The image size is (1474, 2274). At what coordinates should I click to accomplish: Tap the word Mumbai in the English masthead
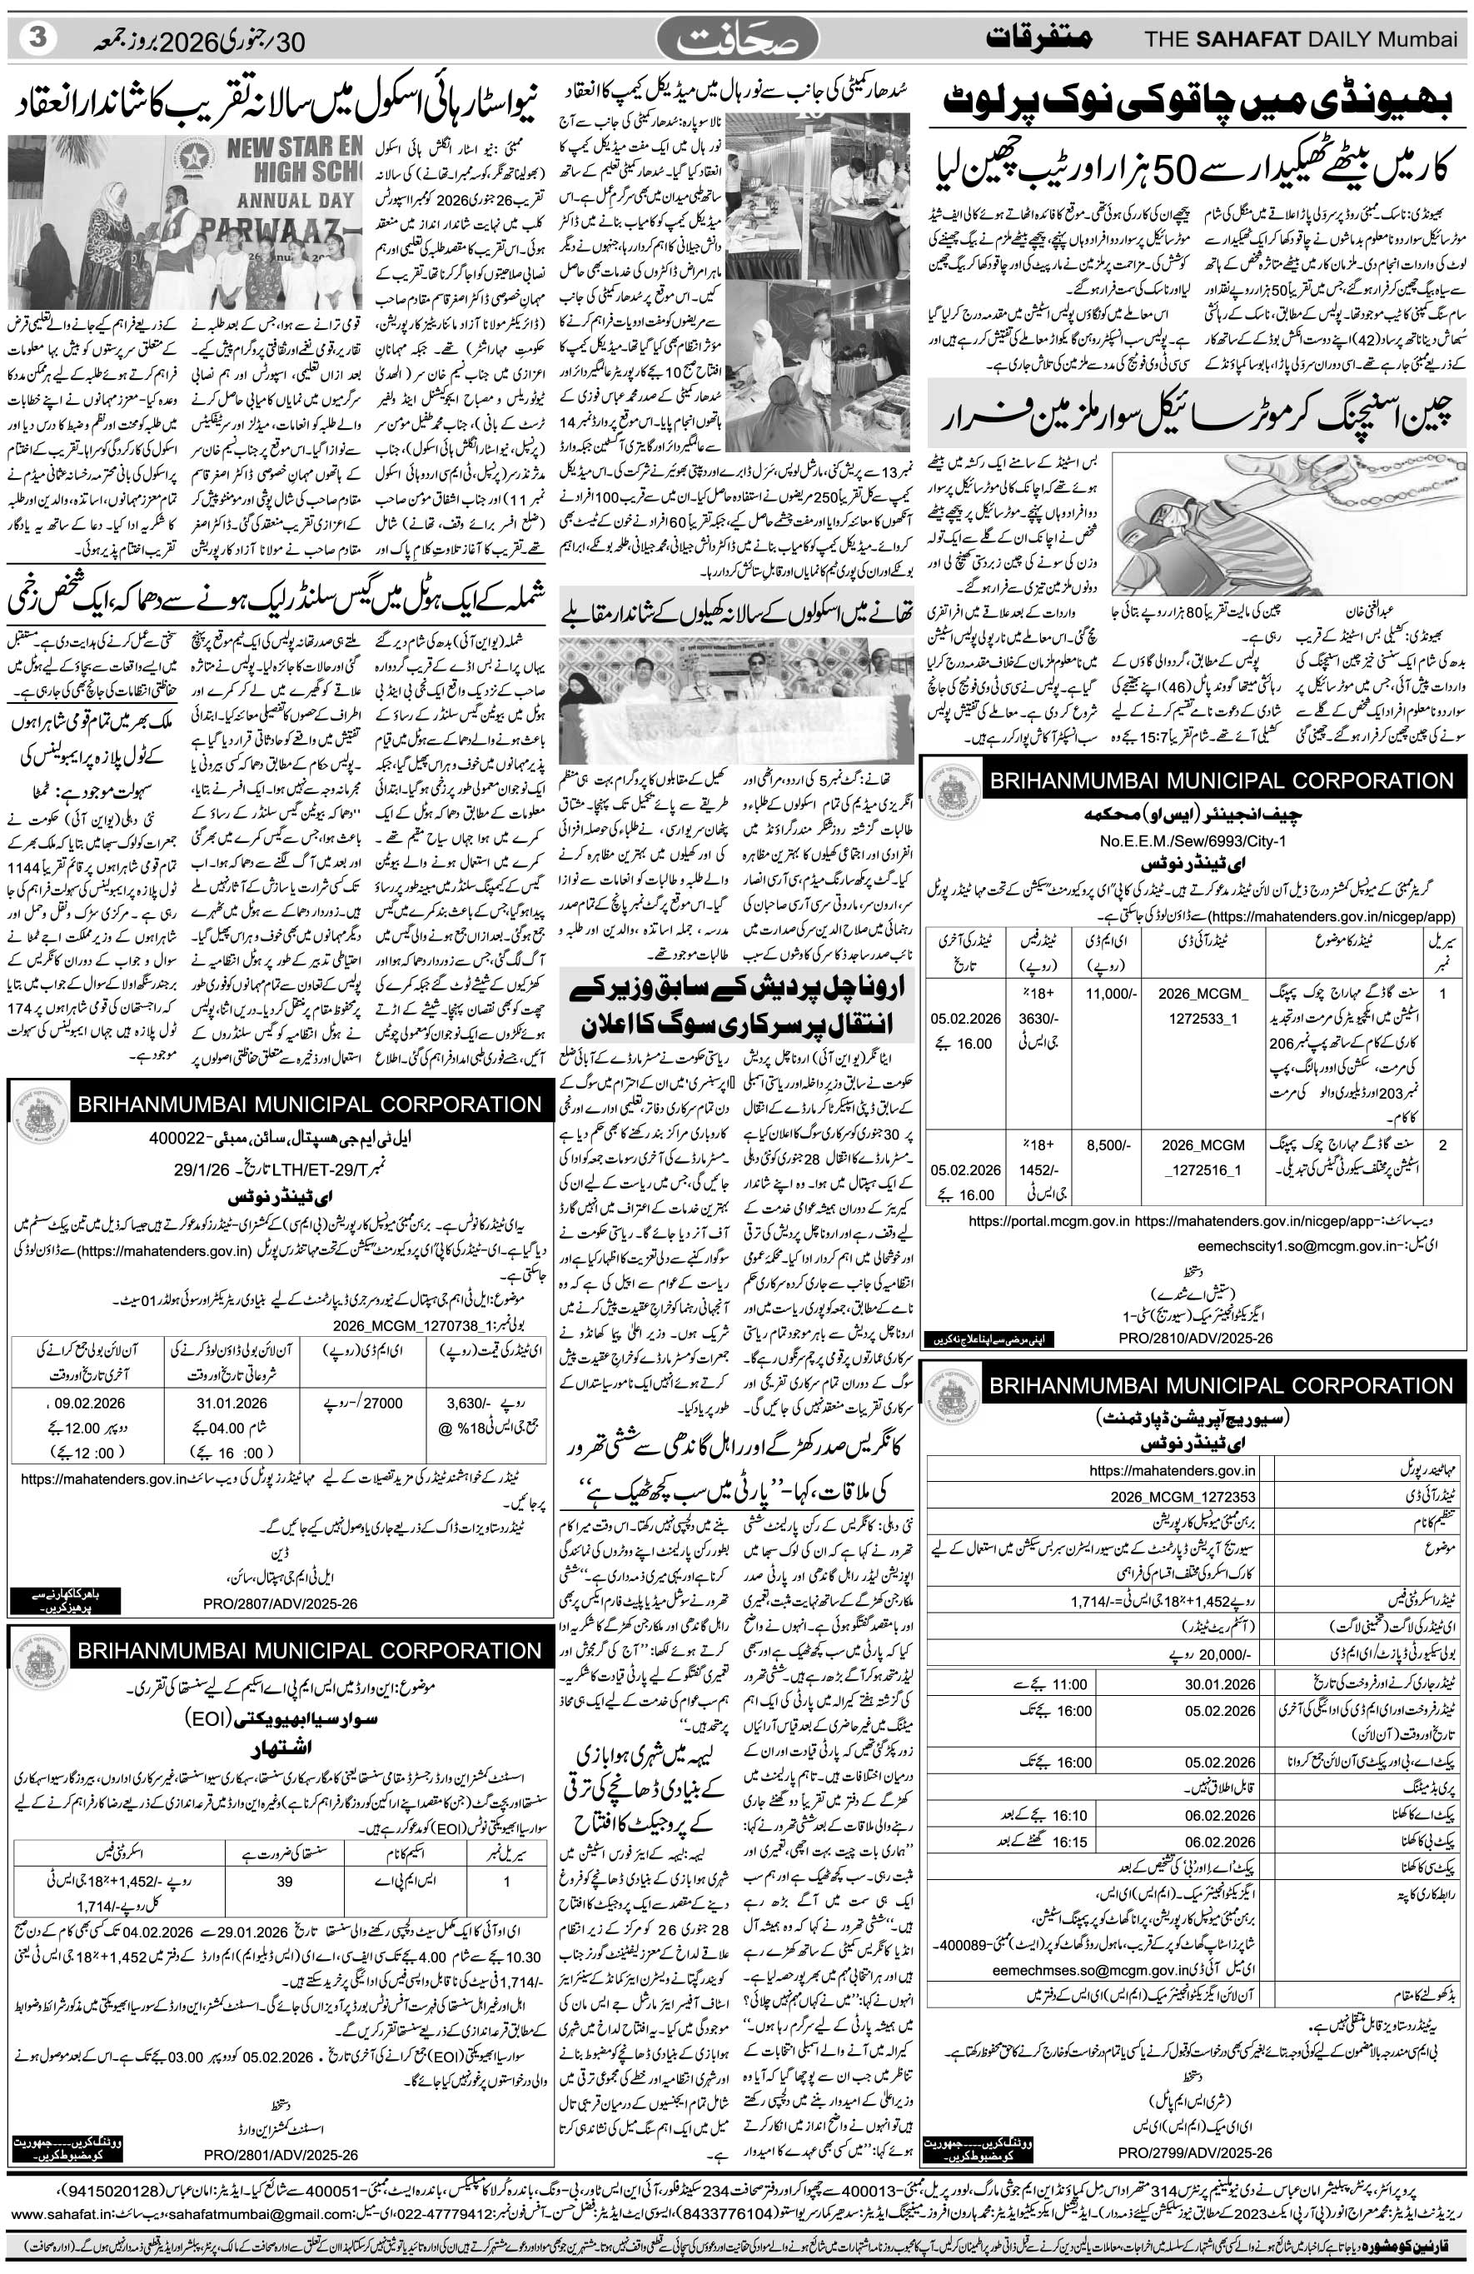pos(1423,40)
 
